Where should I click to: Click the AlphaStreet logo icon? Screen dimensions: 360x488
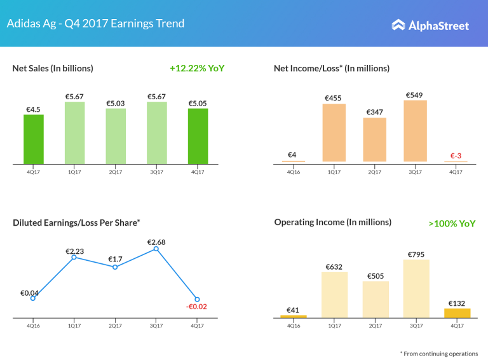(x=398, y=25)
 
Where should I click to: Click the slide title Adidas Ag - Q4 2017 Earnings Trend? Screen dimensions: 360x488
(x=95, y=24)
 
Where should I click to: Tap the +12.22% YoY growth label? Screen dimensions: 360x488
(x=197, y=68)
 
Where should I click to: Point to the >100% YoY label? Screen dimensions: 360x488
(x=452, y=224)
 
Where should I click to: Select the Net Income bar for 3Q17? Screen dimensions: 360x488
(x=416, y=131)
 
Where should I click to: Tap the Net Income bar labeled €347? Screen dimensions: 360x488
(x=375, y=139)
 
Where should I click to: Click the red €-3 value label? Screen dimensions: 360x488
(x=456, y=155)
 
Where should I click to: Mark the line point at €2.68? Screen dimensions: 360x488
(x=156, y=249)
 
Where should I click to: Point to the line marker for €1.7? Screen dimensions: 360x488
(x=115, y=267)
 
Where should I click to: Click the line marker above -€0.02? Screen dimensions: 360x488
(x=198, y=300)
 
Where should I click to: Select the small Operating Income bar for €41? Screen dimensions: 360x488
(x=294, y=316)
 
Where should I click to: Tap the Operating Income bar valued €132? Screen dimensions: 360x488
(x=457, y=313)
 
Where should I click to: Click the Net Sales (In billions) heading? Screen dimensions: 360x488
(x=53, y=68)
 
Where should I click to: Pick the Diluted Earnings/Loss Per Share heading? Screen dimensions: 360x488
(x=76, y=223)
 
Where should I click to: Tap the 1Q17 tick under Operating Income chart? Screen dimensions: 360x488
(x=334, y=326)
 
